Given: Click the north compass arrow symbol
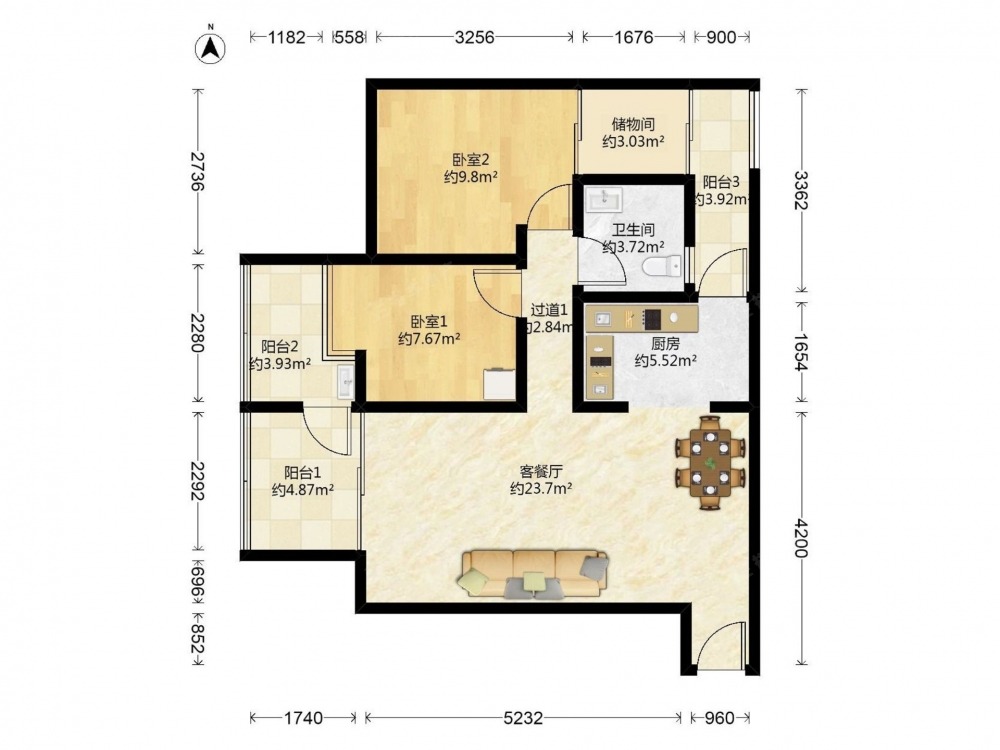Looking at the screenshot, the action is tap(210, 47).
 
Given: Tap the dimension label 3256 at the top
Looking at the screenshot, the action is tap(474, 37).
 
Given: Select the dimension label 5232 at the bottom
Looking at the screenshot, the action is tap(523, 718).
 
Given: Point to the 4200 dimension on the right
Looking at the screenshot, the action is tap(800, 539).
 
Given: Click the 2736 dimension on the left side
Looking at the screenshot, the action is tap(198, 172).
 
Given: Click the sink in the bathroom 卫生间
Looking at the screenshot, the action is tap(604, 199).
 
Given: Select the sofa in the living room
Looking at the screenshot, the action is tap(533, 574).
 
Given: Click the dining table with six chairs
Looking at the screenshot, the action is tap(710, 462).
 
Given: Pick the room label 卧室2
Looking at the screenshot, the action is tap(471, 159).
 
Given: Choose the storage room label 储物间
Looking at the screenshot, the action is tap(633, 124).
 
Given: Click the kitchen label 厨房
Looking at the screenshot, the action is tap(665, 344).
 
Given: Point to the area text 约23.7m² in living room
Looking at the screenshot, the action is tap(541, 489).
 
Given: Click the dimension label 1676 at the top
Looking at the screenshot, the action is tap(633, 37).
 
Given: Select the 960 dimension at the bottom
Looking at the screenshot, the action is tap(719, 718).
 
